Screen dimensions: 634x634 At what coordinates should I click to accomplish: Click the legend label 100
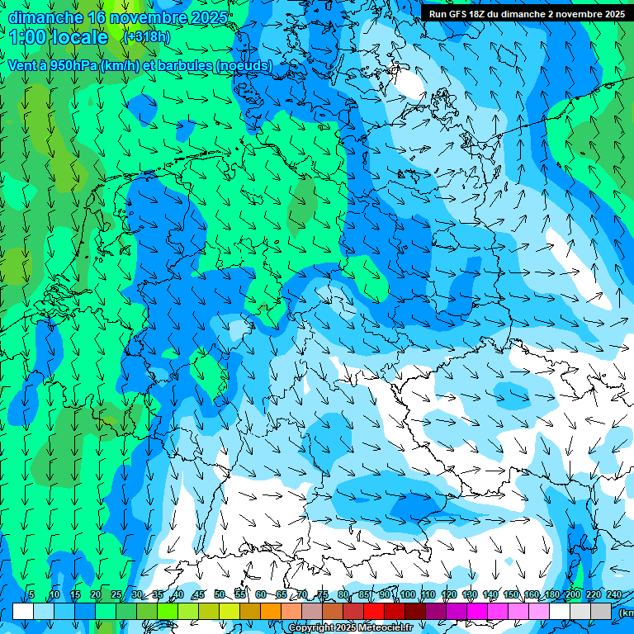coord(407,595)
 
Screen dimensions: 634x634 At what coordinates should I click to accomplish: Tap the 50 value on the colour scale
coord(219,595)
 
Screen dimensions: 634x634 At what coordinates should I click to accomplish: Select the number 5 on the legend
coord(31,595)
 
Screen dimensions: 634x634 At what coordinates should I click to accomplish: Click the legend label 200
coord(572,595)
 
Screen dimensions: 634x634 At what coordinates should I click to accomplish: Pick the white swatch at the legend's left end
coord(23,611)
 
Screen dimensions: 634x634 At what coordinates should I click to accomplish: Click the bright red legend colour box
coord(374,611)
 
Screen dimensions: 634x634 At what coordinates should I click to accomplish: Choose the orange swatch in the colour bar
coord(271,611)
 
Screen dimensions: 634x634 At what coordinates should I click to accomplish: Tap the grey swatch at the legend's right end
coord(601,611)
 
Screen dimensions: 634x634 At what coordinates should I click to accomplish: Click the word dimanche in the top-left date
coord(45,17)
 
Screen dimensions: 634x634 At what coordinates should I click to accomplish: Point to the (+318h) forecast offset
coord(147,37)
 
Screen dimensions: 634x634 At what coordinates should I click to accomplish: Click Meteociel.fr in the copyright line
coord(386,628)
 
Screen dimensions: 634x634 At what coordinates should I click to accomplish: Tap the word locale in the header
coord(80,37)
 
